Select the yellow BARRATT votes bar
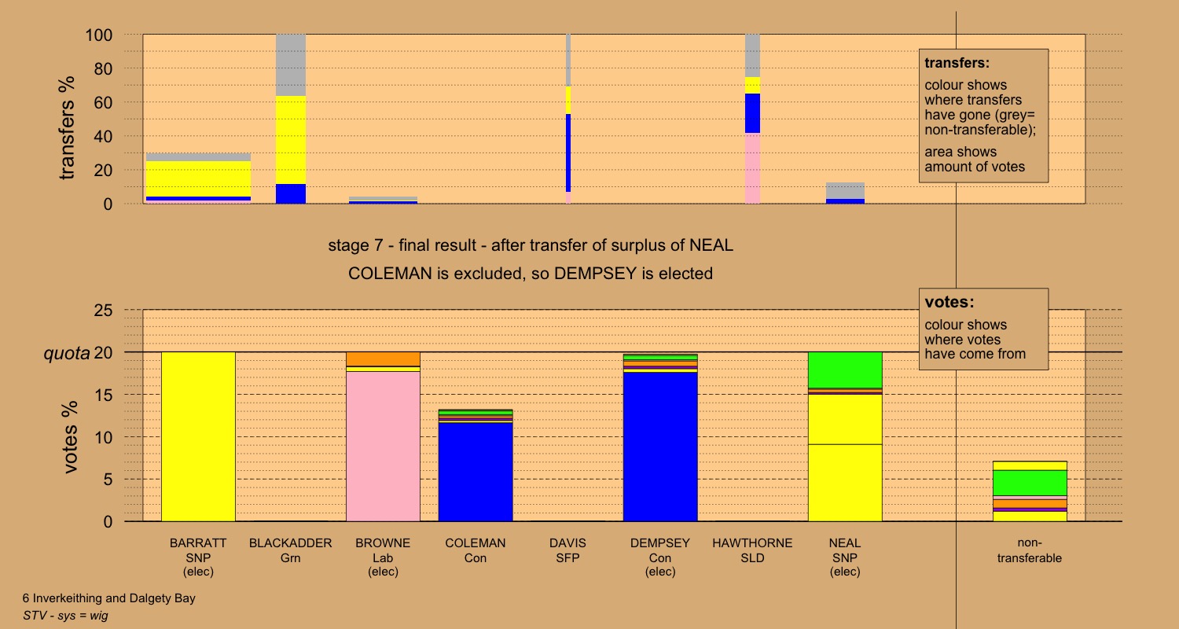[198, 436]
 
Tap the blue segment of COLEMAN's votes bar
[476, 472]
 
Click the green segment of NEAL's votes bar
[845, 370]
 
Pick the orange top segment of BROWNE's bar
[384, 359]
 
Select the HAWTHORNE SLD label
[752, 550]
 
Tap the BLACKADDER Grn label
[291, 550]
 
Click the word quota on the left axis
[66, 353]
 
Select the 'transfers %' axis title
[68, 127]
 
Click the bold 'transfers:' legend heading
[957, 63]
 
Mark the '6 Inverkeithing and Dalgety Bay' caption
[108, 598]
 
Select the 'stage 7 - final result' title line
[531, 245]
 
